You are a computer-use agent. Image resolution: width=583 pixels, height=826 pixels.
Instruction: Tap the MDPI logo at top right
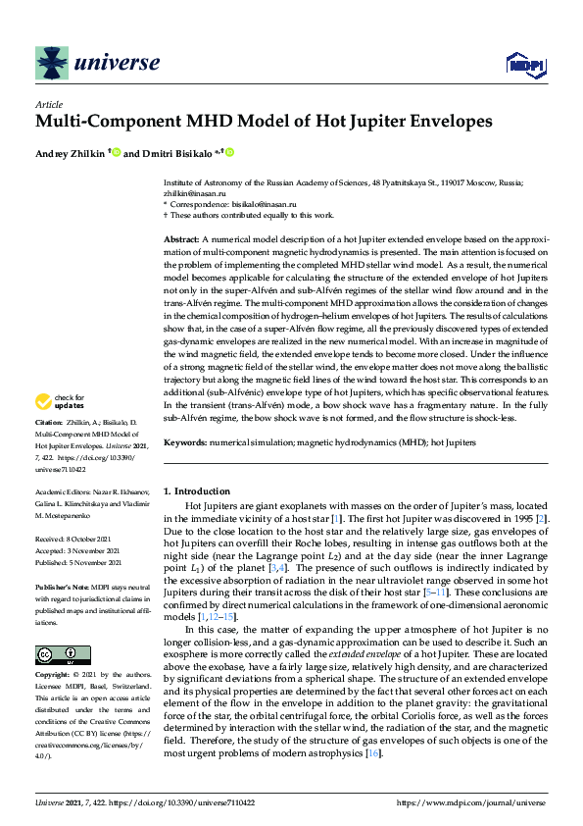click(520, 65)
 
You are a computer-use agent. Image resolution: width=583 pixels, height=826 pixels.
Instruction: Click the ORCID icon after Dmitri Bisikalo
click(231, 152)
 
